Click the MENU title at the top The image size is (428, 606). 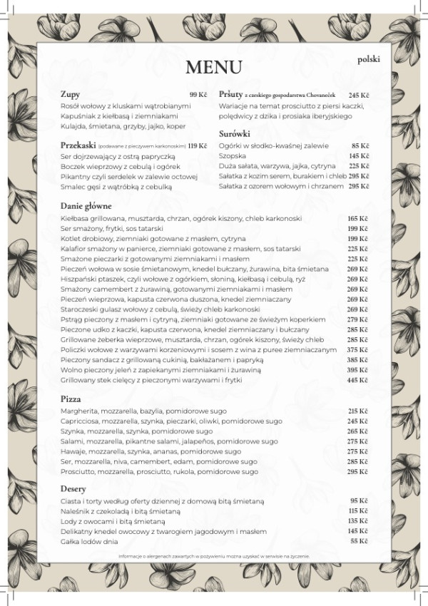coord(214,67)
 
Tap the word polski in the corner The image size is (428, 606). coord(369,61)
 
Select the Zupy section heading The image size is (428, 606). coord(70,94)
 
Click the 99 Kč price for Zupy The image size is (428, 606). coord(198,95)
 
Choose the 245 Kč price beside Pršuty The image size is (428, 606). coord(359,95)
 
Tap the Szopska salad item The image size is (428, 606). coord(231,155)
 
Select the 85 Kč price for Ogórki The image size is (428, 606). coord(360,145)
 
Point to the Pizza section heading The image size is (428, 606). coord(71,399)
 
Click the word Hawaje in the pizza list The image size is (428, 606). coord(73,452)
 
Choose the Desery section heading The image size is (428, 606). coord(73,488)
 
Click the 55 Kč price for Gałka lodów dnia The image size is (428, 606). coord(358,541)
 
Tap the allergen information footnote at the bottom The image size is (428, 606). coord(213,555)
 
